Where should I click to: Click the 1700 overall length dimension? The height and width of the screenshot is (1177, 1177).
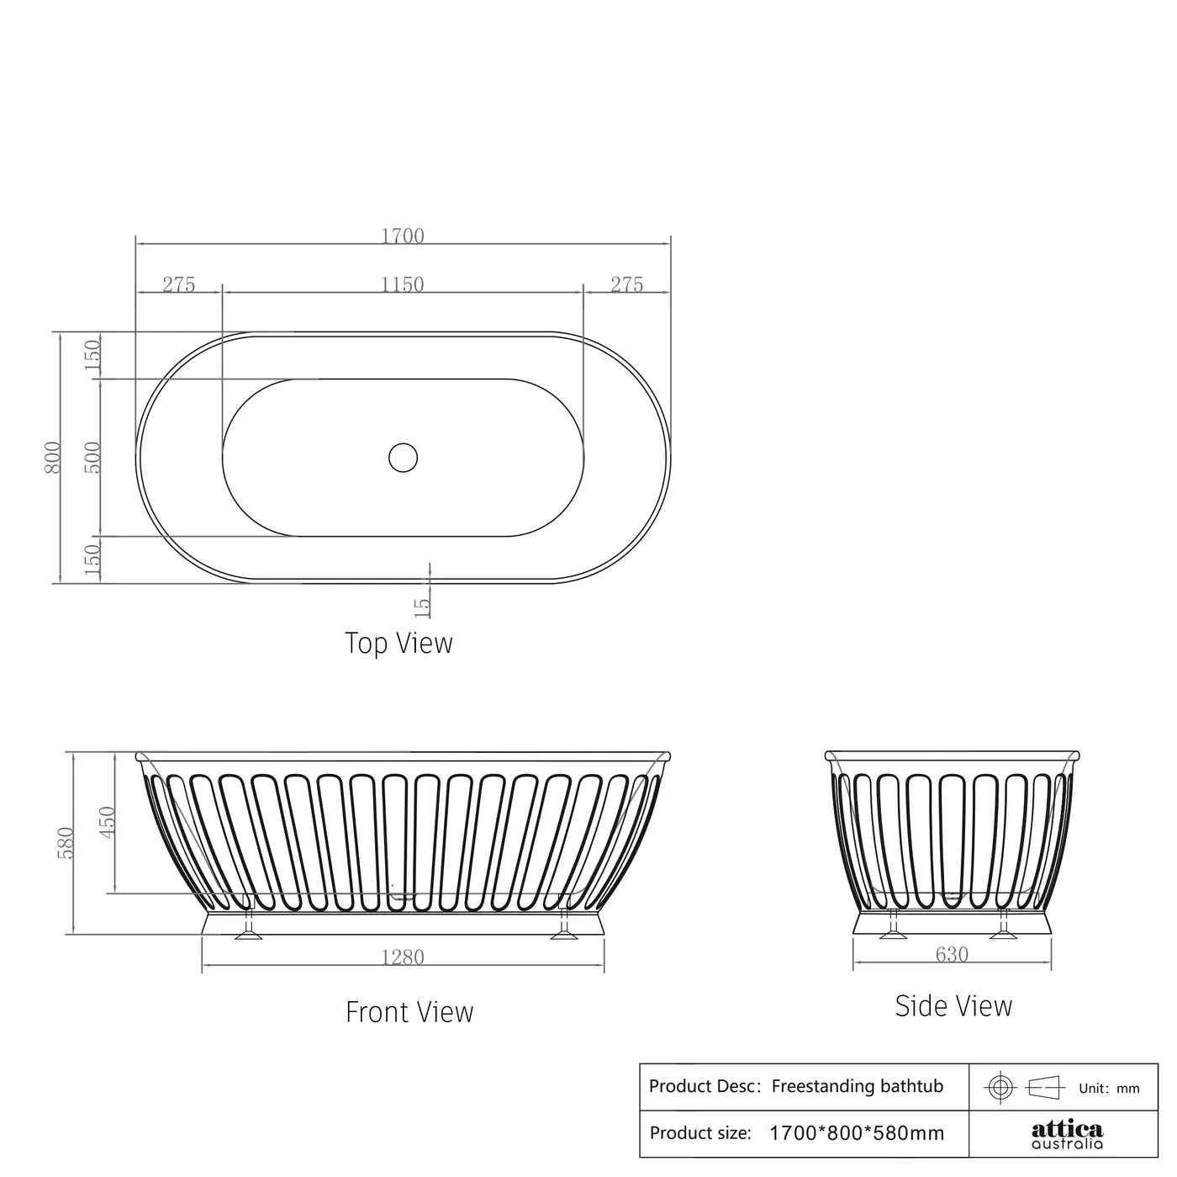403,236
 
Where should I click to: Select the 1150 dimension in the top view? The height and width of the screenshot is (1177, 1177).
403,284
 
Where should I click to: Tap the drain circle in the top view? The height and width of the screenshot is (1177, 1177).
404,457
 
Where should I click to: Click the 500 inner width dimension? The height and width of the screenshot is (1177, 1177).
92,457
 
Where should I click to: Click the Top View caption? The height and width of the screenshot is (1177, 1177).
398,643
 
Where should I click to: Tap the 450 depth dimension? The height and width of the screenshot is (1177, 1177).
108,823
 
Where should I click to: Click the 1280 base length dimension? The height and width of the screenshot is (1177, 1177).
403,957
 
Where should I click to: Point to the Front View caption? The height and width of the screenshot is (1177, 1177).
409,1011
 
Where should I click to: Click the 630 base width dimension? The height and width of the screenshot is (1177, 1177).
952,955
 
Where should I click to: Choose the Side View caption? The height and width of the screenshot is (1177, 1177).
953,1006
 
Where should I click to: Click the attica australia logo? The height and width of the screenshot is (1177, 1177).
1067,1134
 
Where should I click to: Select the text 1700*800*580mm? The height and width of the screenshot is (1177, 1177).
857,1133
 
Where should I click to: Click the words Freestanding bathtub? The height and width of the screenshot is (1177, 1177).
858,1086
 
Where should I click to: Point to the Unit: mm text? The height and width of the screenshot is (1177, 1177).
1109,1088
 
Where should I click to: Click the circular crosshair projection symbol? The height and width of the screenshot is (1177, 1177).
1000,1087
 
